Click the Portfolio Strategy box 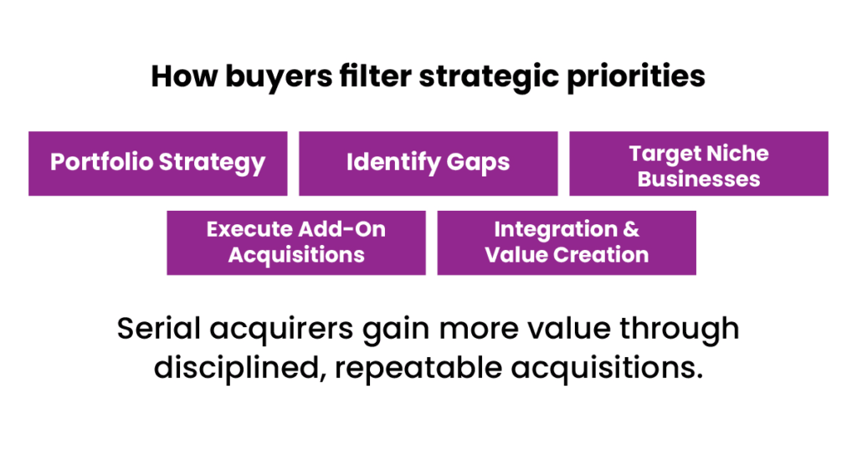(x=158, y=163)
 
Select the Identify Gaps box (x=428, y=163)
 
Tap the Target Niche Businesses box (x=699, y=163)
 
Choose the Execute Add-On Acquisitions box (x=296, y=243)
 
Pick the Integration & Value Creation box (x=567, y=243)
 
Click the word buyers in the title (x=279, y=77)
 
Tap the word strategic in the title (x=489, y=77)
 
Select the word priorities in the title (x=636, y=77)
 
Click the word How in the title (x=184, y=76)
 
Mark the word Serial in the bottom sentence (x=159, y=329)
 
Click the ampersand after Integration (x=631, y=229)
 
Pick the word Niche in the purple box (x=738, y=153)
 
